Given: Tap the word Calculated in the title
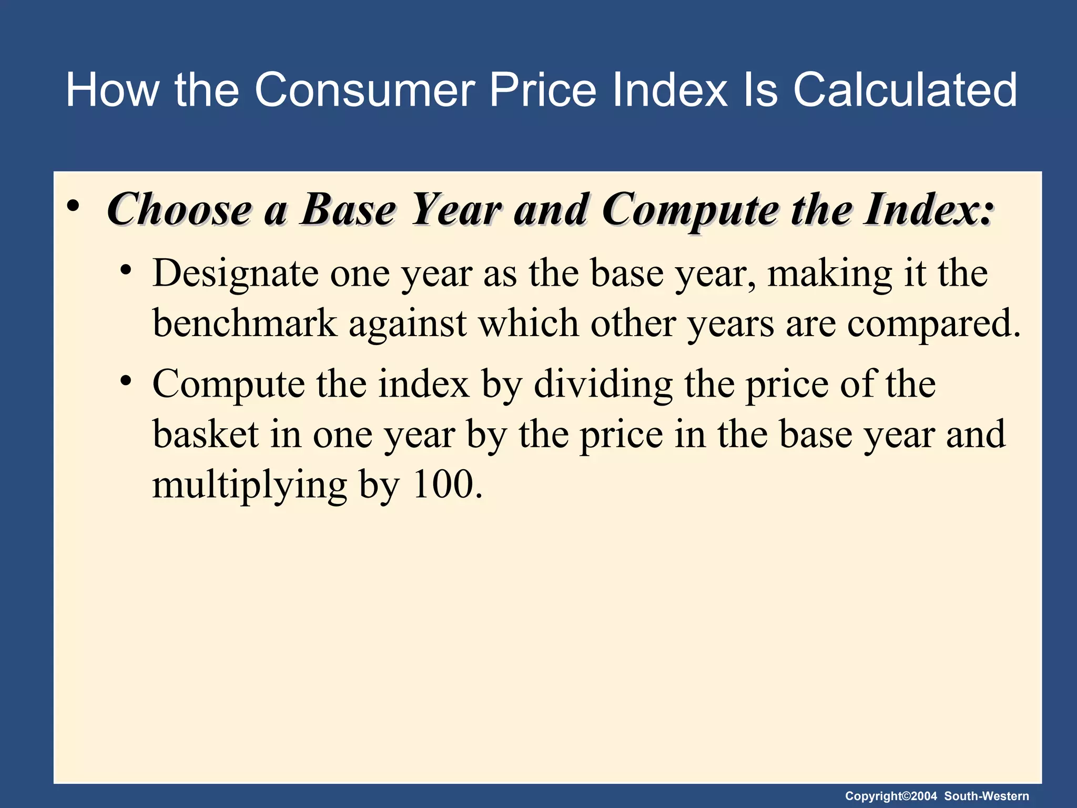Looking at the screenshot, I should point(905,90).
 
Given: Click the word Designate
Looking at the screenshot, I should point(235,274).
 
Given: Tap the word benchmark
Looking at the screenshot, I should point(245,323).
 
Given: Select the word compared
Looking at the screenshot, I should point(933,323).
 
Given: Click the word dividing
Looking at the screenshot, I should point(603,384).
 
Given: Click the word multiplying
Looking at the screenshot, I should point(249,484).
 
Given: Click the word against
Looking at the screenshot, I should point(408,323).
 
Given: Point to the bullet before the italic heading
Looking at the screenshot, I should point(73,206).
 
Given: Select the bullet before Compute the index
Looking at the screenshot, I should point(125,380).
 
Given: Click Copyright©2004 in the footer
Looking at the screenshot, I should point(891,796).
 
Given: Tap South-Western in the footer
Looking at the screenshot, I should point(987,796).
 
